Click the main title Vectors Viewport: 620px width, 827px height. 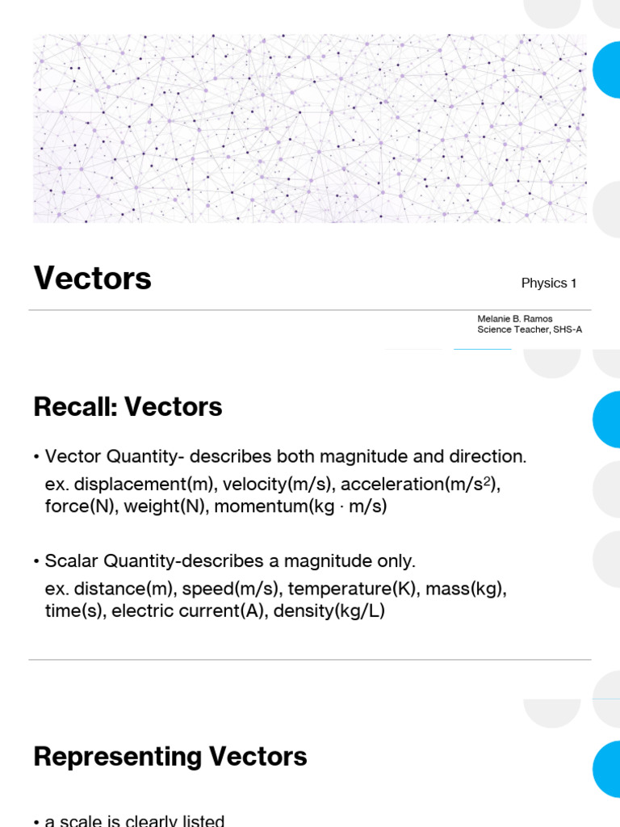92,279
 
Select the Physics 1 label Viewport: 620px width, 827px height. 549,283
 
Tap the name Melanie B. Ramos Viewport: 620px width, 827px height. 514,319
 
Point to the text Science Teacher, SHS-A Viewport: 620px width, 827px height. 529,330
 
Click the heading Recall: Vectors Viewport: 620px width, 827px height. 128,407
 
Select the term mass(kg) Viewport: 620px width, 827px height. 466,588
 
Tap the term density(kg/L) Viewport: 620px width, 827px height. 329,611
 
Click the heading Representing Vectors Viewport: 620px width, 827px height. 170,757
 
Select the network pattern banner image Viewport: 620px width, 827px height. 310,129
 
